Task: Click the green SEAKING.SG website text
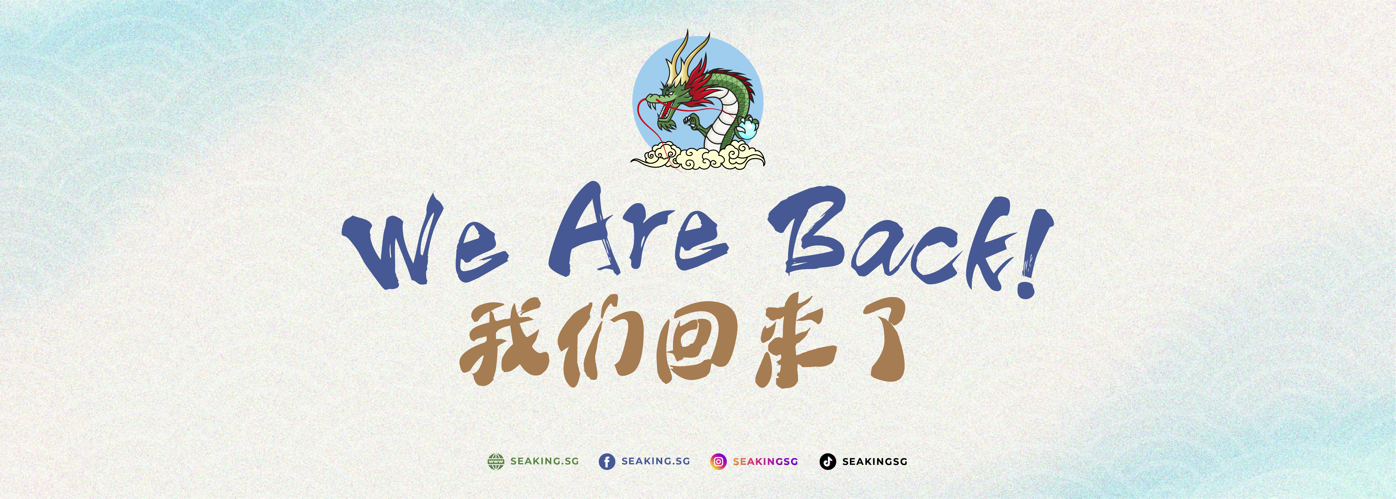point(545,461)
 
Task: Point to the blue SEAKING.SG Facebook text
point(656,461)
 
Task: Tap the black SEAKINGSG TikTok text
point(875,462)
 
